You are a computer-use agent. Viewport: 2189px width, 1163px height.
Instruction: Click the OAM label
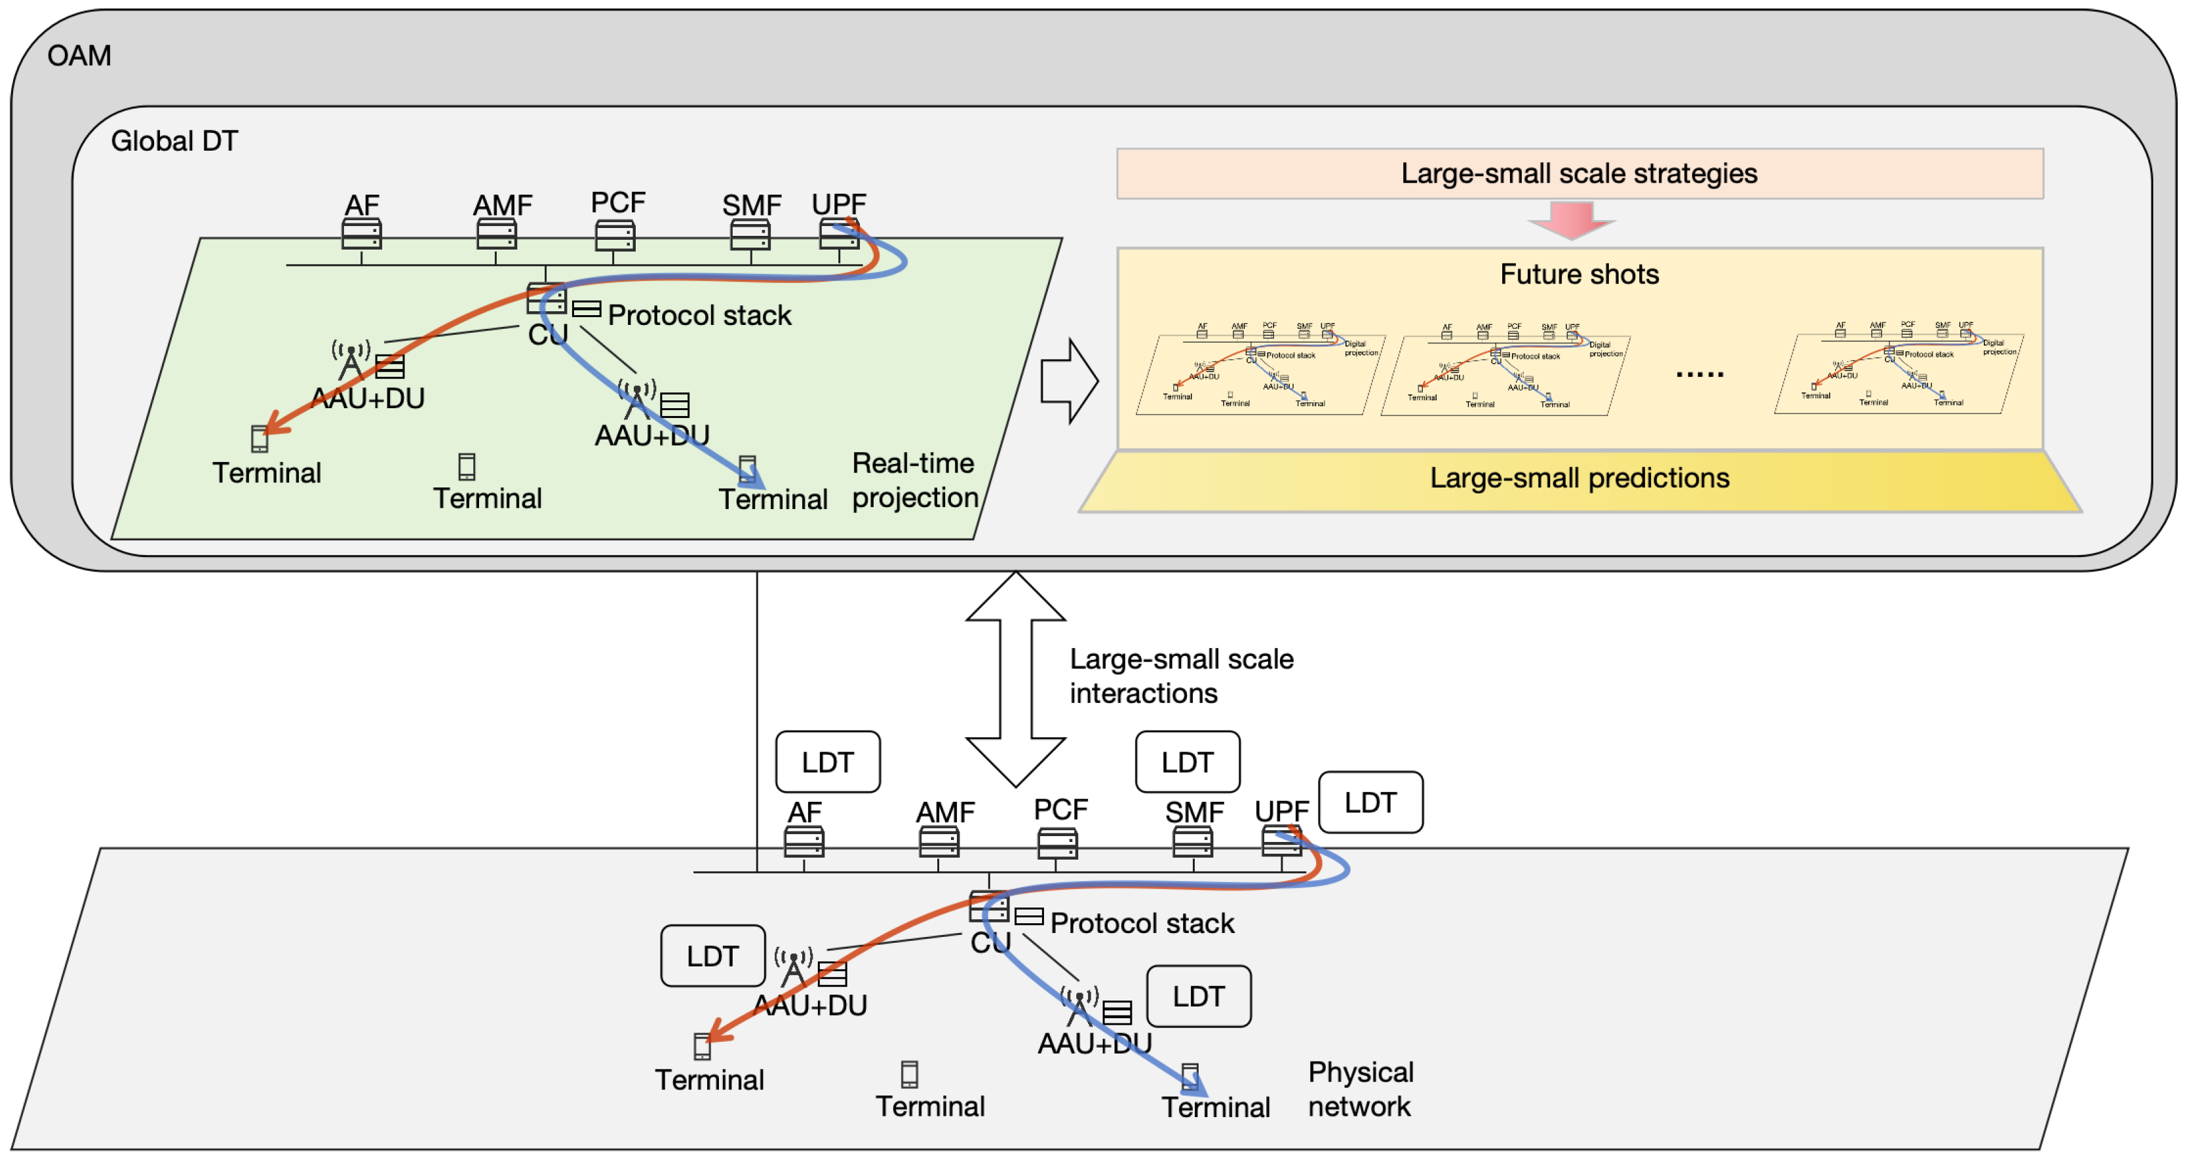[x=79, y=56]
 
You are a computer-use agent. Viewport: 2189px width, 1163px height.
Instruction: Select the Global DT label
[x=174, y=141]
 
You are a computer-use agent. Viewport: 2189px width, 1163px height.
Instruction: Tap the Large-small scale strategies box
[x=1579, y=173]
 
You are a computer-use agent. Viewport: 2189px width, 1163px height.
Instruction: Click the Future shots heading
[x=1579, y=275]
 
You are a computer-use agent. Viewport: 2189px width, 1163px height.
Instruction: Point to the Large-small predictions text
[x=1579, y=478]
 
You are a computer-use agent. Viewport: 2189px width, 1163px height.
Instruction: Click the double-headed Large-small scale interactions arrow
[x=1015, y=679]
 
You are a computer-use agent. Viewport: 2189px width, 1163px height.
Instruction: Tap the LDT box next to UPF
[x=1370, y=803]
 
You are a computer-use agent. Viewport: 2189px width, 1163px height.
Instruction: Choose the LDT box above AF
[x=828, y=762]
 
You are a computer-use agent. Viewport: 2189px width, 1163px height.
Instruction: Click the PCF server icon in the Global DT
[x=614, y=235]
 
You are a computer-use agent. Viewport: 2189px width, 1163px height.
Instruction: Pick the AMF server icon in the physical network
[x=939, y=842]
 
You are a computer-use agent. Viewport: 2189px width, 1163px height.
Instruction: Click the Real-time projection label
[x=914, y=481]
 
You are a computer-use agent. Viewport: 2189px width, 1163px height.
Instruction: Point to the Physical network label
[x=1361, y=1089]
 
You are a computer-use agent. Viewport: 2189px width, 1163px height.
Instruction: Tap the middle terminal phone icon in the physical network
[x=909, y=1075]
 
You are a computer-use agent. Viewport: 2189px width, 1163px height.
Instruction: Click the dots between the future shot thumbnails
[x=1699, y=373]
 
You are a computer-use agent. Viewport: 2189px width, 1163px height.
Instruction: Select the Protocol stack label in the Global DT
[x=699, y=315]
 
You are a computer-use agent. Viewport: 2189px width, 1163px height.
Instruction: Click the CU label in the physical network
[x=990, y=943]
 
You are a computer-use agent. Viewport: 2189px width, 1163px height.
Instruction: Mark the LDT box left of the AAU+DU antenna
[x=712, y=956]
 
